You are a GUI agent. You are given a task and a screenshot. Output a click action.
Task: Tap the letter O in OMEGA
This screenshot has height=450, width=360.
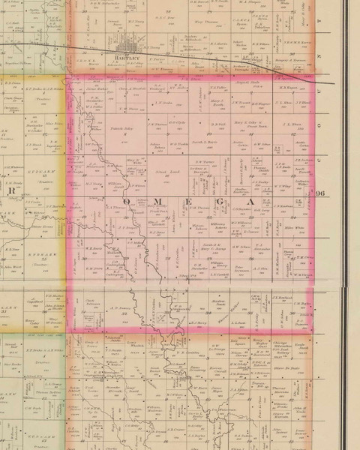coord(125,202)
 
